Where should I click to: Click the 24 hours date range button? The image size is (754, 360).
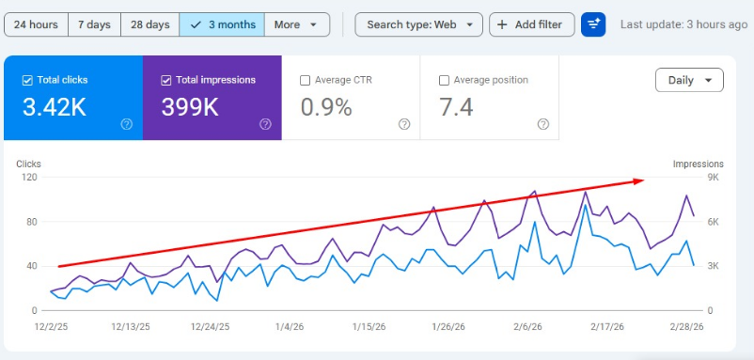pyautogui.click(x=33, y=24)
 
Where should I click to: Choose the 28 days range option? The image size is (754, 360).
pyautogui.click(x=150, y=24)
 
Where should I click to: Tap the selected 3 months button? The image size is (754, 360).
pyautogui.click(x=222, y=24)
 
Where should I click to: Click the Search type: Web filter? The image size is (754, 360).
pyautogui.click(x=419, y=24)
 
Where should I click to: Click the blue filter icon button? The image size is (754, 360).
pyautogui.click(x=593, y=24)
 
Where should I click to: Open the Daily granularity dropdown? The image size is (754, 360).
pyautogui.click(x=689, y=81)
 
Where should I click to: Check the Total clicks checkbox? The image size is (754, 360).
pyautogui.click(x=27, y=81)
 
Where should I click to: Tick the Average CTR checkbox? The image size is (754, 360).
pyautogui.click(x=305, y=81)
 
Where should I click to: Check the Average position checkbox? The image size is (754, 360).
pyautogui.click(x=444, y=81)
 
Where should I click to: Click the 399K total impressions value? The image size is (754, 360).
pyautogui.click(x=192, y=107)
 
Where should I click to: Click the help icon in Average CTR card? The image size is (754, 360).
pyautogui.click(x=403, y=124)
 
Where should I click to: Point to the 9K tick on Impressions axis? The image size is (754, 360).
pyautogui.click(x=713, y=178)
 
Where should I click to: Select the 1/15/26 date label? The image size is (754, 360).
pyautogui.click(x=369, y=327)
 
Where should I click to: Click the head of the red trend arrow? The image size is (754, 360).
pyautogui.click(x=641, y=180)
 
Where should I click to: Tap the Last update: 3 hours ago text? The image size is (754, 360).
pyautogui.click(x=683, y=24)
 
